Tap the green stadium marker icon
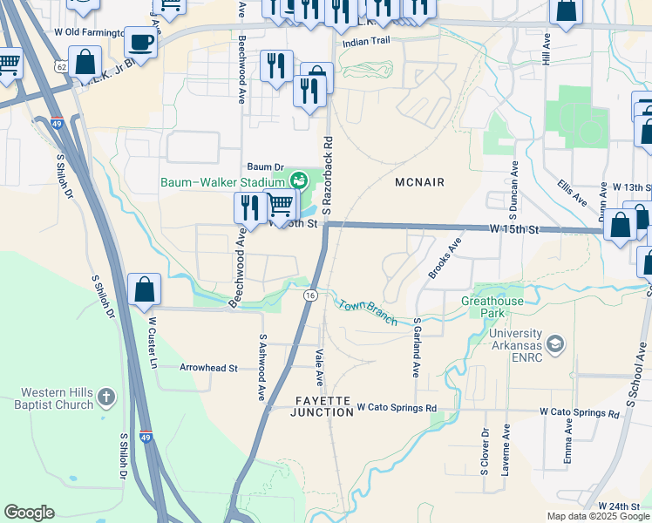coord(299,180)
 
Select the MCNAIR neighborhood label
coord(419,182)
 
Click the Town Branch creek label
coord(368,312)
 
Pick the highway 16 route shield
coord(309,296)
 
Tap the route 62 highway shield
coord(59,66)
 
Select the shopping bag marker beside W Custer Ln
coord(144,289)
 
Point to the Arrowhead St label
coord(208,368)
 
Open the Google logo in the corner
coord(29,513)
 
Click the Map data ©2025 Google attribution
coord(597,516)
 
